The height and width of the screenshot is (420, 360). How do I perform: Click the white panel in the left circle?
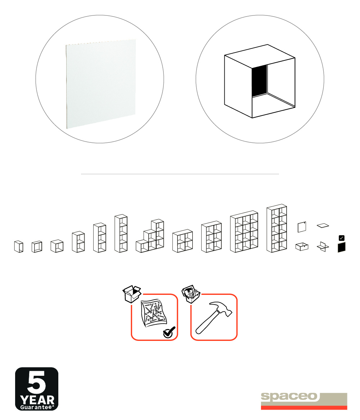(101, 84)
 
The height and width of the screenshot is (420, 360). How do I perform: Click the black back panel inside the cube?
(260, 81)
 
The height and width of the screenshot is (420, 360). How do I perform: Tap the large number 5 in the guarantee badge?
(36, 382)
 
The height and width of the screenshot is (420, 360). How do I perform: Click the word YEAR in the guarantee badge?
(37, 400)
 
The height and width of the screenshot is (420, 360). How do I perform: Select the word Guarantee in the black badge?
(36, 407)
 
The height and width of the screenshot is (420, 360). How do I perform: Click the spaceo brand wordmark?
(289, 397)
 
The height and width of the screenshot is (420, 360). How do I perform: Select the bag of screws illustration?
(154, 312)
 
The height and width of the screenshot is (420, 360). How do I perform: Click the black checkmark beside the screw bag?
(169, 332)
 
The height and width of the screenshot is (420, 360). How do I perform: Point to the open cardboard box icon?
(132, 294)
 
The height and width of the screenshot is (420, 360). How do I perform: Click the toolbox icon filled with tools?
(191, 294)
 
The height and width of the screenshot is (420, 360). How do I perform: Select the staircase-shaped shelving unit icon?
(150, 236)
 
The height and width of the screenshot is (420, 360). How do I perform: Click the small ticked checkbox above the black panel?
(342, 238)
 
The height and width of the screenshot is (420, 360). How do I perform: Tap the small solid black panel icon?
(342, 247)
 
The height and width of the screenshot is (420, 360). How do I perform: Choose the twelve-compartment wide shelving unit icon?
(244, 232)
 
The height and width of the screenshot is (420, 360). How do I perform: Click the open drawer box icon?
(302, 246)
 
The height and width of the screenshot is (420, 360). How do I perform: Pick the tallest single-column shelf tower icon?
(121, 233)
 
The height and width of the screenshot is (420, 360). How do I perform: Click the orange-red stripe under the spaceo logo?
(304, 408)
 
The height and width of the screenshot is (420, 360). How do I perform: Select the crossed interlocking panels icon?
(323, 246)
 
